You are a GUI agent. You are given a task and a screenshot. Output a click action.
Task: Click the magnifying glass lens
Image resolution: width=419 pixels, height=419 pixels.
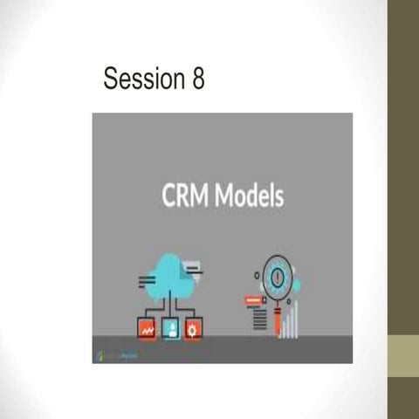coord(278,274)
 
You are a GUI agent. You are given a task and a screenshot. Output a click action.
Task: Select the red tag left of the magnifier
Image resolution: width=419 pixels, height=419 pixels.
coord(255,301)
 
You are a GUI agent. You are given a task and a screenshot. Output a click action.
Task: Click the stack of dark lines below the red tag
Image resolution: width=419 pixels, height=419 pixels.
coord(259,319)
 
